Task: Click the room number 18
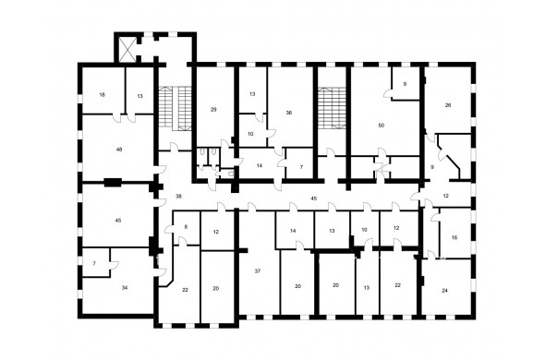pyautogui.click(x=102, y=95)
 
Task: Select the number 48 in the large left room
pyautogui.click(x=119, y=150)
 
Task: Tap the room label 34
pyautogui.click(x=125, y=288)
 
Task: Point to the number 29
pyautogui.click(x=213, y=110)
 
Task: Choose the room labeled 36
pyautogui.click(x=289, y=113)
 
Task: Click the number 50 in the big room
pyautogui.click(x=381, y=126)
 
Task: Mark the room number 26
pyautogui.click(x=448, y=105)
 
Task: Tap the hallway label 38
pyautogui.click(x=178, y=197)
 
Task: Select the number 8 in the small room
pyautogui.click(x=186, y=227)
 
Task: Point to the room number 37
pyautogui.click(x=258, y=271)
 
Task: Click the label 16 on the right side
pyautogui.click(x=454, y=238)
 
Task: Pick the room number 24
pyautogui.click(x=444, y=291)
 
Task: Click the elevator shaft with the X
pyautogui.click(x=127, y=50)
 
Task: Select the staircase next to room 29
pyautogui.click(x=176, y=108)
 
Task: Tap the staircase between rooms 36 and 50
pyautogui.click(x=333, y=108)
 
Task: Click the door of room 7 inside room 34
pyautogui.click(x=115, y=265)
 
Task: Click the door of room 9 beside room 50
pyautogui.click(x=388, y=94)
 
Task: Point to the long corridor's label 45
pyautogui.click(x=313, y=198)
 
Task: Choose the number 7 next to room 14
pyautogui.click(x=301, y=167)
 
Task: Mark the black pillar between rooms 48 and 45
pyautogui.click(x=113, y=182)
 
